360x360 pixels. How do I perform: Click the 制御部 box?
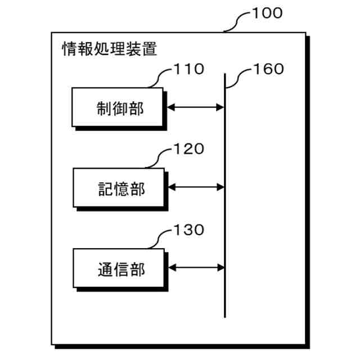[118, 107]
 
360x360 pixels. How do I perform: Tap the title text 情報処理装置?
[109, 48]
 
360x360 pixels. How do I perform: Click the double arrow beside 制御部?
[196, 107]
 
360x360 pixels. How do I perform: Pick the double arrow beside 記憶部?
[196, 187]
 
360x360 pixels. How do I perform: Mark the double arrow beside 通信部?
[196, 268]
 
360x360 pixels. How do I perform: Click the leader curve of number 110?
[160, 77]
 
